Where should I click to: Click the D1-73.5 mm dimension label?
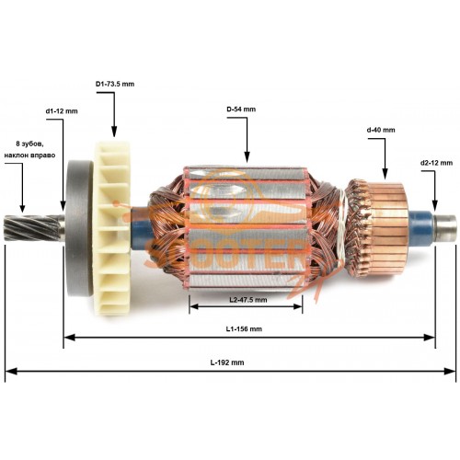click(115, 84)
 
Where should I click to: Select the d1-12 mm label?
click(62, 111)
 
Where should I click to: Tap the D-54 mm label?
click(241, 109)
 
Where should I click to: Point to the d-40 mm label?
click(381, 130)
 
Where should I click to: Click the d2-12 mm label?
click(436, 163)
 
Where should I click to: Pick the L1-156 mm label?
click(244, 329)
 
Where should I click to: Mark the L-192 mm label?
click(227, 362)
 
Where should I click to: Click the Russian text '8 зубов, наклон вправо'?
click(29, 149)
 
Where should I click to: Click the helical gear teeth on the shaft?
click(32, 228)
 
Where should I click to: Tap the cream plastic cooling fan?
click(112, 228)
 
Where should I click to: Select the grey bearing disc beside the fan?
click(80, 228)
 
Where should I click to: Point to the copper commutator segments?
click(387, 229)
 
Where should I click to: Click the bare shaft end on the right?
click(445, 228)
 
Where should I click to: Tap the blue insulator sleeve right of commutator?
click(421, 228)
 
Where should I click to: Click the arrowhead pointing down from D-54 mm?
click(247, 156)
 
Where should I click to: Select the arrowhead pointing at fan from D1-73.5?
click(114, 132)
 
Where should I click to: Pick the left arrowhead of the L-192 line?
click(11, 372)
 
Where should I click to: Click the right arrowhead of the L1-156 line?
click(430, 338)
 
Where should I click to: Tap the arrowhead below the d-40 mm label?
click(385, 174)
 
